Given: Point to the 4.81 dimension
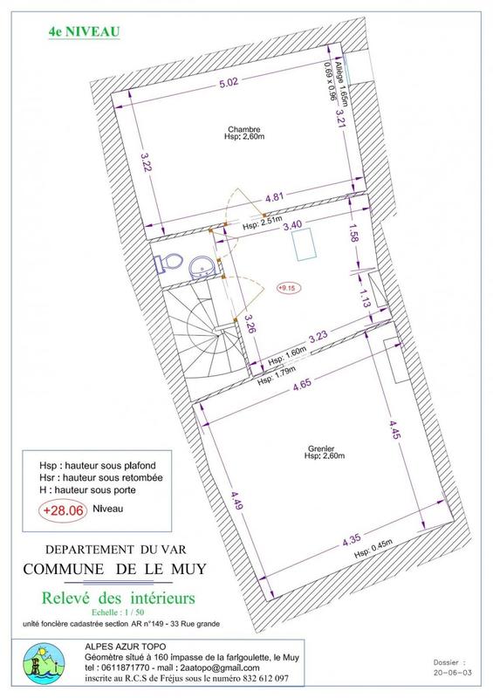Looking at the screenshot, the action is pyautogui.click(x=274, y=198).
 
